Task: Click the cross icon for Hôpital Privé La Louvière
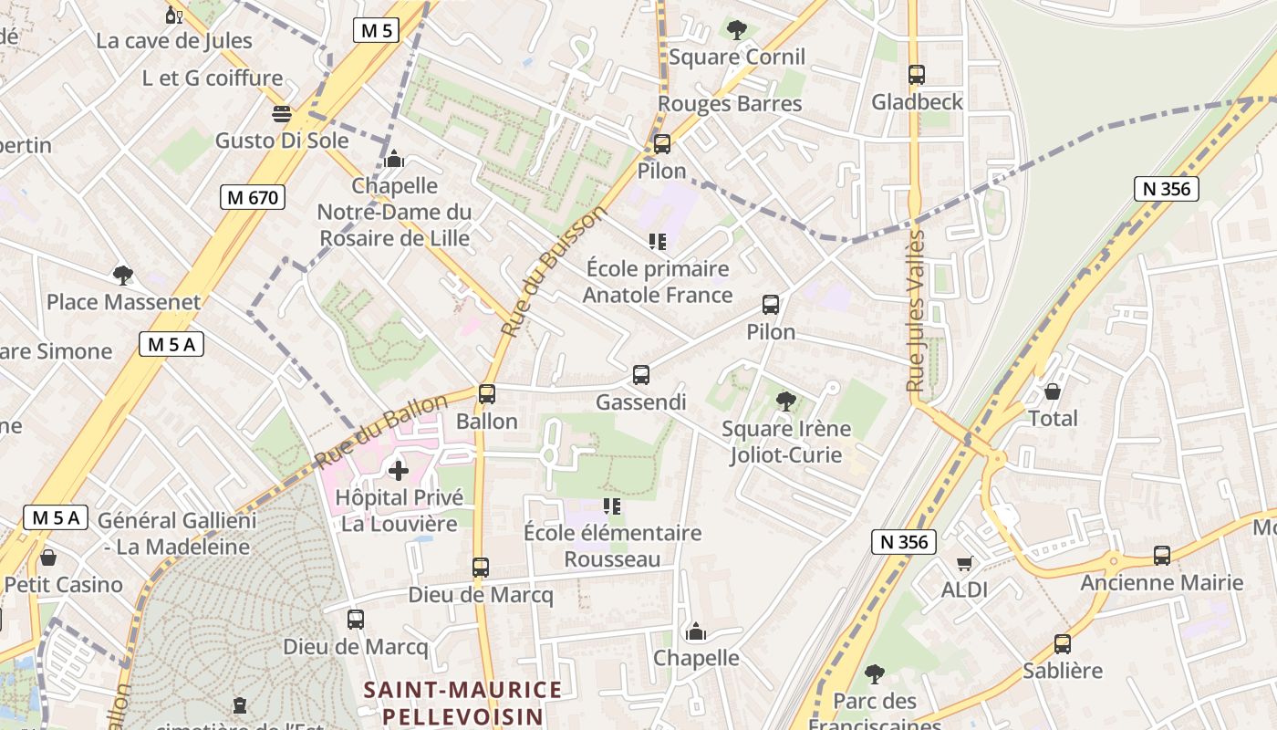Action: [399, 471]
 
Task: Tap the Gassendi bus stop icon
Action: [641, 375]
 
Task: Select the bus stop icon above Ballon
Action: [487, 394]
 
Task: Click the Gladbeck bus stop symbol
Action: [917, 75]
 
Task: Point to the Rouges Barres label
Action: [730, 104]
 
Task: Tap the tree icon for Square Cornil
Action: [737, 30]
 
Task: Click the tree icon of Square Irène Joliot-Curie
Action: [785, 401]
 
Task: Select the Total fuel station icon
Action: [1053, 391]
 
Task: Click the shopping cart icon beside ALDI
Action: [964, 563]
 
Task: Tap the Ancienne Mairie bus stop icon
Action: [1162, 555]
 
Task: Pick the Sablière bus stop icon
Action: [1063, 643]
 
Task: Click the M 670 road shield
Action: [253, 197]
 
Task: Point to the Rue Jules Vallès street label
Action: [917, 311]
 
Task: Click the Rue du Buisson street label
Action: [554, 273]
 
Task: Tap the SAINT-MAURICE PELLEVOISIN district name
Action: [462, 702]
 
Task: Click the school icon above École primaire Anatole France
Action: [657, 242]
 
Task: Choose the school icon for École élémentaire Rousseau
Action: [612, 506]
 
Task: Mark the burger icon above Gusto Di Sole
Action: [282, 114]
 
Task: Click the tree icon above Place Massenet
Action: [123, 275]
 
